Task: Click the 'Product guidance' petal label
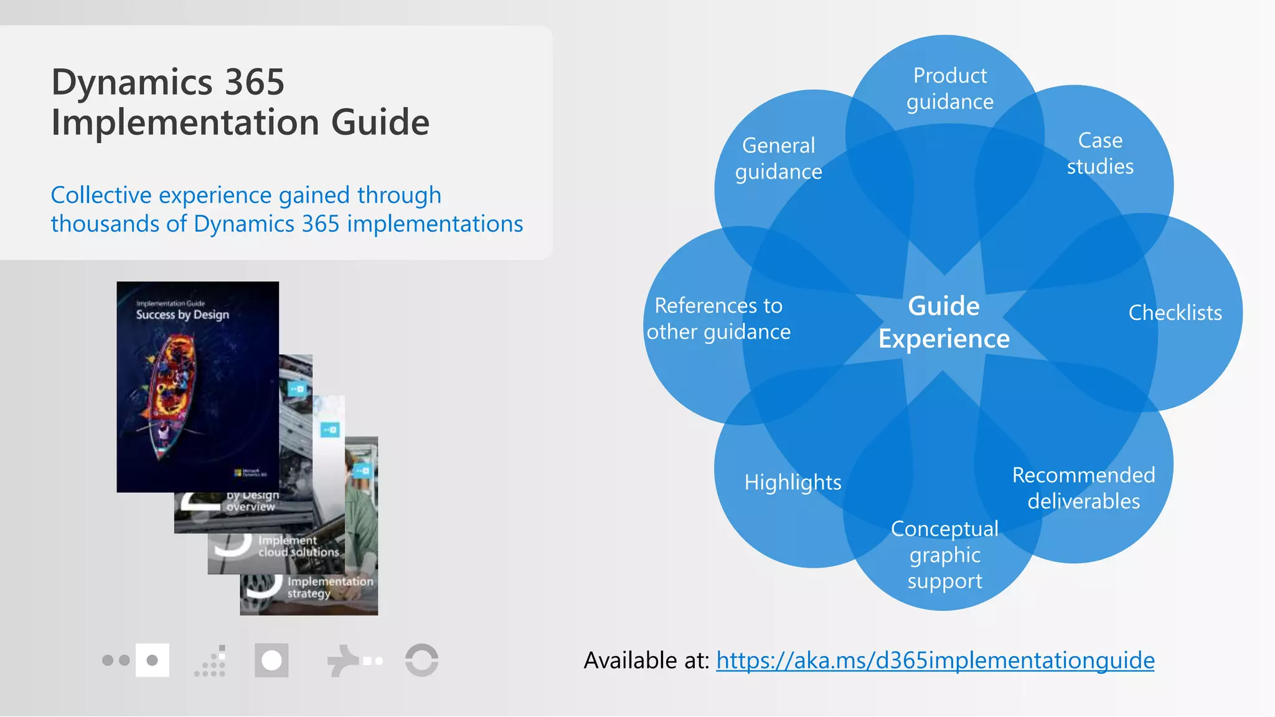click(949, 88)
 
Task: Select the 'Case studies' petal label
click(1100, 153)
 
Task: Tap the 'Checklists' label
click(1175, 312)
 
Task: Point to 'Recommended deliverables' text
click(1083, 488)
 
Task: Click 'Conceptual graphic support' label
click(944, 555)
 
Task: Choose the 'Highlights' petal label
click(793, 482)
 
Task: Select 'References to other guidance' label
click(718, 319)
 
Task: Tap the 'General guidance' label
click(778, 158)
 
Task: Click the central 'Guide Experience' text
click(944, 322)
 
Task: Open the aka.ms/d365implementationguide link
click(935, 660)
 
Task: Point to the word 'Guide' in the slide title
click(380, 122)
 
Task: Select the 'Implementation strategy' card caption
click(329, 587)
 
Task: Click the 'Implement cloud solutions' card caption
click(298, 546)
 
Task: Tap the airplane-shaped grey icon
click(342, 660)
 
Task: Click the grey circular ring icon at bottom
click(421, 660)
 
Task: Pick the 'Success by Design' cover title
click(182, 314)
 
